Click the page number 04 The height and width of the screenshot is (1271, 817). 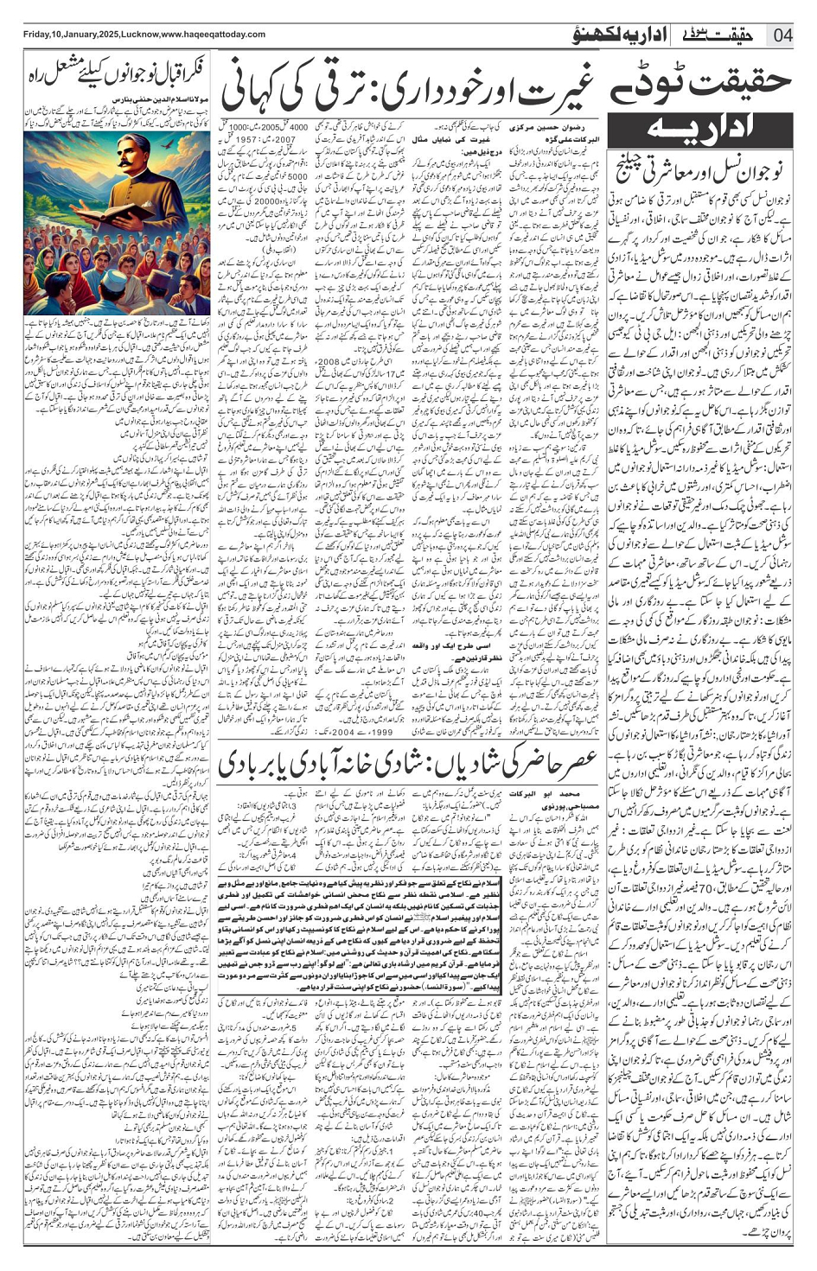pos(782,35)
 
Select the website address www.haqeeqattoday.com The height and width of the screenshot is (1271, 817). pos(213,35)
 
